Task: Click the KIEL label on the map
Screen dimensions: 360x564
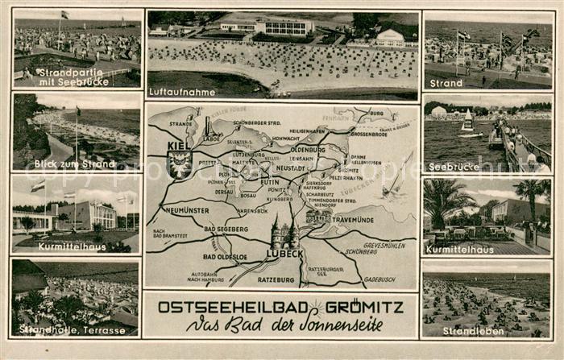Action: (x=179, y=146)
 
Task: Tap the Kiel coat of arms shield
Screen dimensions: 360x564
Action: (x=179, y=163)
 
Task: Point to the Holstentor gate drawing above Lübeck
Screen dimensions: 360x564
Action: (x=284, y=234)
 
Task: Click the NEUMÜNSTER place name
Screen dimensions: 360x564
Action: (x=187, y=210)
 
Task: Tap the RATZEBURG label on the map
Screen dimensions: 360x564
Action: (x=276, y=279)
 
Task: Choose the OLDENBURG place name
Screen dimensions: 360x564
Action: (x=308, y=149)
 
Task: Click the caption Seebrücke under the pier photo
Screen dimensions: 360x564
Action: (x=454, y=167)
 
